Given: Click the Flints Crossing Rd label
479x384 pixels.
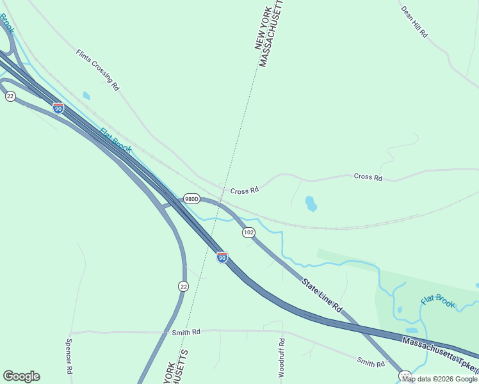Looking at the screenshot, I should [98, 69].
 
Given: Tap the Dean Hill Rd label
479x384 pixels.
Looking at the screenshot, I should [414, 22].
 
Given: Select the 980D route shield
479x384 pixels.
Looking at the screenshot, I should [191, 199].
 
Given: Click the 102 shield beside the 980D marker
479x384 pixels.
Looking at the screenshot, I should [248, 232].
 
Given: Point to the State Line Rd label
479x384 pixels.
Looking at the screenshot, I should [322, 294].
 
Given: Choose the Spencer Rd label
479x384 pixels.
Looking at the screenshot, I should [69, 356].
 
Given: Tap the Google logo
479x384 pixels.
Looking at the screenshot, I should [21, 376].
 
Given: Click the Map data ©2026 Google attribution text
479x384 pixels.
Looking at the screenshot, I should [439, 379].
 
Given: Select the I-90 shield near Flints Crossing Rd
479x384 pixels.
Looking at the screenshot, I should [58, 108].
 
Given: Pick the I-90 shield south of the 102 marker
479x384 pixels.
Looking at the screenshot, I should [222, 257].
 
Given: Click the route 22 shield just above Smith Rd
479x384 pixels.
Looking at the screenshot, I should [183, 287].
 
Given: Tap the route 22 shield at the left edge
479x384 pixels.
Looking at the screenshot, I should [10, 96].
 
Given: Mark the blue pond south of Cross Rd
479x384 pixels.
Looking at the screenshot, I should [311, 204].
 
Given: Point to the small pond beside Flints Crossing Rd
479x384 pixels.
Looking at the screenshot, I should [86, 96].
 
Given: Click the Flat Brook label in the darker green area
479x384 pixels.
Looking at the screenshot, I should [437, 300].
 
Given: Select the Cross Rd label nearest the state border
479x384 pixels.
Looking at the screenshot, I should [244, 191].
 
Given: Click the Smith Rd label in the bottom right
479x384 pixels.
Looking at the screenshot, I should [371, 364].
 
